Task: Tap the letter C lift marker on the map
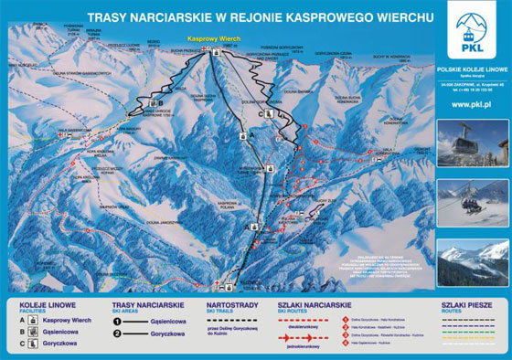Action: (x=261, y=113)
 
